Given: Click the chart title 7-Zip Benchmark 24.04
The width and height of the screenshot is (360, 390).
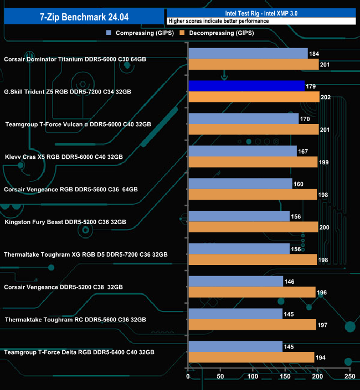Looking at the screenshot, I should [83, 17].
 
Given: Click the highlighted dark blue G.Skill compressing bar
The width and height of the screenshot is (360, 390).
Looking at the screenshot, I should [246, 86].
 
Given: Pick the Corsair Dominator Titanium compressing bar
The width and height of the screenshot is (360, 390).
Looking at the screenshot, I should [248, 53].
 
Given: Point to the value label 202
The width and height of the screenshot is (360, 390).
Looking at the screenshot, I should [326, 97].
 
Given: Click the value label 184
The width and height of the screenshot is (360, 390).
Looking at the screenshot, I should [314, 54].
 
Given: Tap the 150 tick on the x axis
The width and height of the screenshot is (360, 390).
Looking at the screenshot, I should [285, 377].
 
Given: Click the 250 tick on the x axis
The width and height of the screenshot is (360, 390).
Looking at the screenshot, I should [349, 377].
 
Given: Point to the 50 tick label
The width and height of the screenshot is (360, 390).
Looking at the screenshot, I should [220, 377].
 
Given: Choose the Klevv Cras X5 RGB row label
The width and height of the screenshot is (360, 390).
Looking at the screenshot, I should [63, 157].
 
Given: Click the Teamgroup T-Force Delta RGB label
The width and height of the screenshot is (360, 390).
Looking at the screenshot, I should [79, 352].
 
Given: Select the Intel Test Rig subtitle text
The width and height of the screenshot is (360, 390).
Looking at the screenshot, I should [260, 12].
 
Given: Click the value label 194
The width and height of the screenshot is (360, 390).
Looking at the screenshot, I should [321, 358].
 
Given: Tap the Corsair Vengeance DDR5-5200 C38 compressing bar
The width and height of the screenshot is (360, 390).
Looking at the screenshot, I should [236, 282].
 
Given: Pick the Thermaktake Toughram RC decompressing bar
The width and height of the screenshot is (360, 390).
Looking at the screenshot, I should [252, 325].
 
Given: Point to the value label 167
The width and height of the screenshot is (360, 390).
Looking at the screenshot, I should [303, 151].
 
